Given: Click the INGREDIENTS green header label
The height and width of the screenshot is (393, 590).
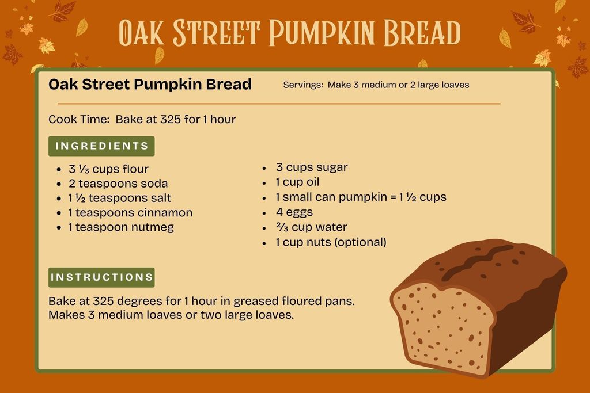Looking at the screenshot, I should pyautogui.click(x=101, y=146).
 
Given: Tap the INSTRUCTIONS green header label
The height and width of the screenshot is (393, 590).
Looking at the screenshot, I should pyautogui.click(x=101, y=277).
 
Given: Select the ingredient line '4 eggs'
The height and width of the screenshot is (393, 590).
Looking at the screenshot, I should pyautogui.click(x=294, y=212).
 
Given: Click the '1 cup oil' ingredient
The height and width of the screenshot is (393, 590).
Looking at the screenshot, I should pyautogui.click(x=297, y=182).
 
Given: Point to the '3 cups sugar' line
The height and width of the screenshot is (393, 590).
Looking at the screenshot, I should pyautogui.click(x=311, y=167).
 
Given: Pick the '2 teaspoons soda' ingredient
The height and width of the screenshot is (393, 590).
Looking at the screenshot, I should pyautogui.click(x=118, y=184).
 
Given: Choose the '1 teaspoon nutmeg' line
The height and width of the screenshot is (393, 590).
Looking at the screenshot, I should pyautogui.click(x=120, y=227).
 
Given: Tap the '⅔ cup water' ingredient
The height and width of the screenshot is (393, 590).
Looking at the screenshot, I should pyautogui.click(x=311, y=227).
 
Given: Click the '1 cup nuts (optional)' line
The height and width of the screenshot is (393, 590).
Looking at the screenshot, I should pyautogui.click(x=330, y=242).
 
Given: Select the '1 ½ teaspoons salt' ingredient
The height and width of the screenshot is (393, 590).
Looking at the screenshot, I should pyautogui.click(x=119, y=198).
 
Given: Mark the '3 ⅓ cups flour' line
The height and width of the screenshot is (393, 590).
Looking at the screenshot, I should pyautogui.click(x=108, y=169).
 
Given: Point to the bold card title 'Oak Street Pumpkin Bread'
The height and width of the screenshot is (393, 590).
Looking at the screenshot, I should pyautogui.click(x=150, y=85).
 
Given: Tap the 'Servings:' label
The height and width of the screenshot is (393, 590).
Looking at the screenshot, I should pyautogui.click(x=303, y=85).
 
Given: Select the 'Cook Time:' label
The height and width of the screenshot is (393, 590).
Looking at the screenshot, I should pyautogui.click(x=79, y=120).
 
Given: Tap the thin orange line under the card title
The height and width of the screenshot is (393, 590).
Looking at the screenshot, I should pyautogui.click(x=274, y=104).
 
